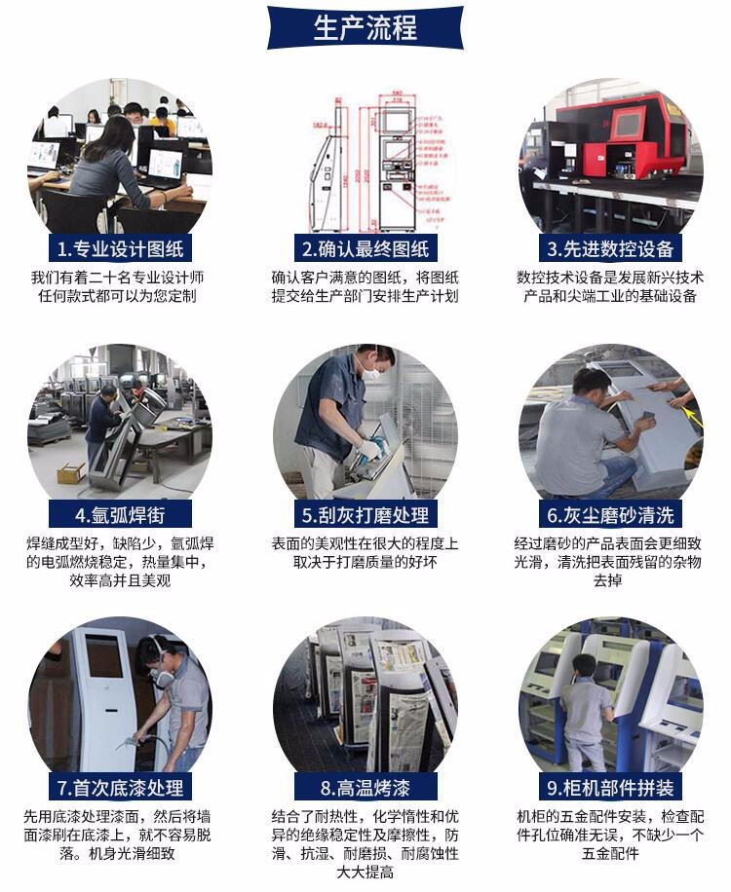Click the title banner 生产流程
click(365, 27)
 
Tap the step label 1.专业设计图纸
click(120, 248)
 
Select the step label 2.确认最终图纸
click(365, 248)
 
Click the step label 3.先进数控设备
click(610, 248)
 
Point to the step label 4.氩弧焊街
click(120, 515)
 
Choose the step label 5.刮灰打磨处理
click(365, 515)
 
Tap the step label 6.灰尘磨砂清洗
click(610, 515)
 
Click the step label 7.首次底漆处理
click(120, 788)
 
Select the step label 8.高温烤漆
click(365, 788)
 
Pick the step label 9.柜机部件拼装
click(610, 788)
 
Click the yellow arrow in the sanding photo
click(694, 417)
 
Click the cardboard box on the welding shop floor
click(72, 472)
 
